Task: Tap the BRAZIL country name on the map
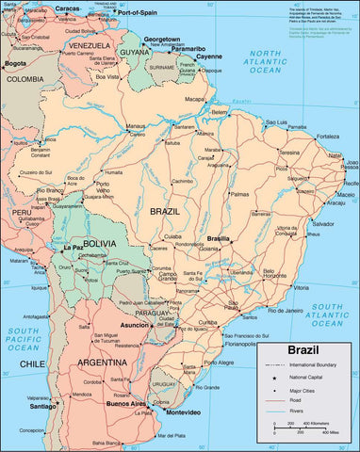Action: tap(165, 212)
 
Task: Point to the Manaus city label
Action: tap(137, 125)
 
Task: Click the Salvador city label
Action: tap(323, 223)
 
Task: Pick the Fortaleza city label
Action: tap(326, 135)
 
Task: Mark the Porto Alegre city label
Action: tap(219, 362)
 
